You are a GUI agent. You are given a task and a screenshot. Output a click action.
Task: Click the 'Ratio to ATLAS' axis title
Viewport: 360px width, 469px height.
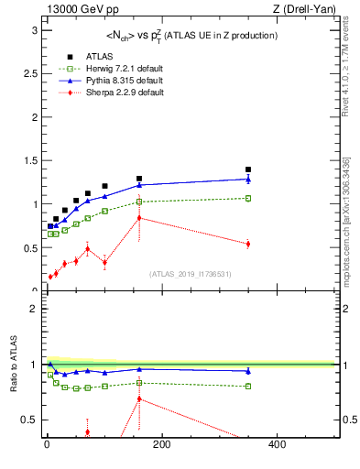13,364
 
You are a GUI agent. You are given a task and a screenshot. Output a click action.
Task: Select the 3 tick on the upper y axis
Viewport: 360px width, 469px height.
35,29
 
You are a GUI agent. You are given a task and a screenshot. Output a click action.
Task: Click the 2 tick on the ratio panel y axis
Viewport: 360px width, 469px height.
35,309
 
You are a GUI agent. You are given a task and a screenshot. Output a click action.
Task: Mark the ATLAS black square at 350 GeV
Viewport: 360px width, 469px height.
247,169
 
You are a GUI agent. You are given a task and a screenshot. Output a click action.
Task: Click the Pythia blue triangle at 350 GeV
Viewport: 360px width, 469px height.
247,180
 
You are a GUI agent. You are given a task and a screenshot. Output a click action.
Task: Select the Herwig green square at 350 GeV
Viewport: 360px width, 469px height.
247,198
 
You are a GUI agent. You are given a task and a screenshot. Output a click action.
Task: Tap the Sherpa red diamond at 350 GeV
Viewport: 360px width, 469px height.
247,244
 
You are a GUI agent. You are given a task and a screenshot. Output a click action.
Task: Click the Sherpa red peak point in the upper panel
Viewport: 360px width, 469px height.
139,218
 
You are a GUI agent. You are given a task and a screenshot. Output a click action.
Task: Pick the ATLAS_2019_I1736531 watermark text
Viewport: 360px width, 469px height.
191,274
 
